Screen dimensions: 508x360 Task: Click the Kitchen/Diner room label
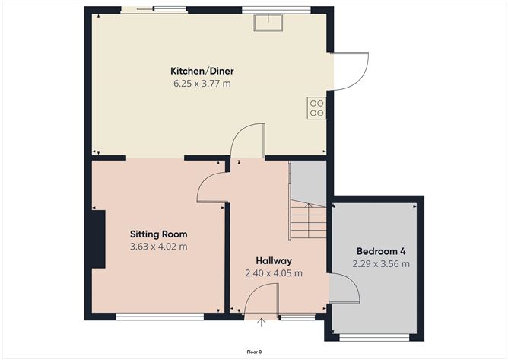point(202,71)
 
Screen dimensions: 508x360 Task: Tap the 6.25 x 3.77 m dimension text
point(202,84)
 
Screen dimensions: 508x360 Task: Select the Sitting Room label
point(158,234)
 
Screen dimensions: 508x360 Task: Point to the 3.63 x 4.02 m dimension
point(158,247)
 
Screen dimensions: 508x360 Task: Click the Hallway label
point(274,260)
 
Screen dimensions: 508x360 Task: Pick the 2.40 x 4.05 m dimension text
point(274,273)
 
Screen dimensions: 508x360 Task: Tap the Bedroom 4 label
point(381,251)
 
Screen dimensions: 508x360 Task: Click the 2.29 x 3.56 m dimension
point(381,264)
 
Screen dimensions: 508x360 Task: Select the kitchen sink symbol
point(268,23)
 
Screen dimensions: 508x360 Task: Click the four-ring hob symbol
point(316,108)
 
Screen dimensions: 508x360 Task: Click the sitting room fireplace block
point(98,239)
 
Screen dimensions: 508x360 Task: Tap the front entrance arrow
point(261,322)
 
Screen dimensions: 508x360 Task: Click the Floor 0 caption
point(254,352)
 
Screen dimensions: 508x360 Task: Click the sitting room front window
point(160,317)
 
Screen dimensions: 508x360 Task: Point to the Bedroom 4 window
point(374,338)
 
